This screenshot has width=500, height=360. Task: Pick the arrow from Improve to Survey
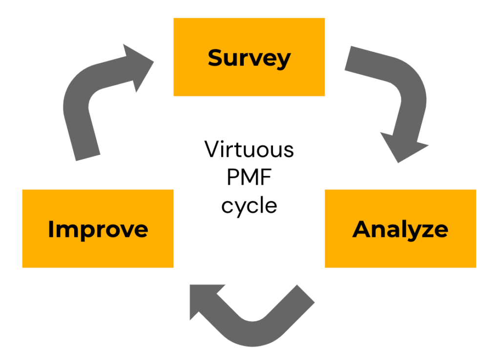click(x=93, y=107)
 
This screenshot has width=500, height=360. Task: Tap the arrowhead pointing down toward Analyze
click(x=404, y=147)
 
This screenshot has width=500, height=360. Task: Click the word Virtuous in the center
click(x=249, y=149)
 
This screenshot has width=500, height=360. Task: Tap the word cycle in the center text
click(x=249, y=205)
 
